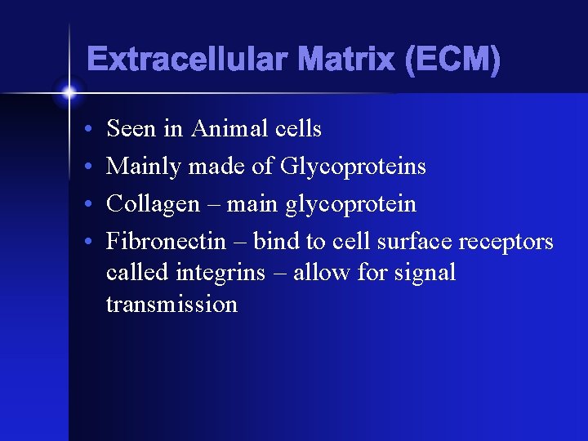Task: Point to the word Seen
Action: [131, 128]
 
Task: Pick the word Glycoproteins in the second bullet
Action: [353, 167]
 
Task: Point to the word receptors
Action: [506, 242]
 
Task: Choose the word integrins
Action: [215, 272]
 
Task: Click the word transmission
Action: [171, 305]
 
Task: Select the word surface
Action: [414, 242]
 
